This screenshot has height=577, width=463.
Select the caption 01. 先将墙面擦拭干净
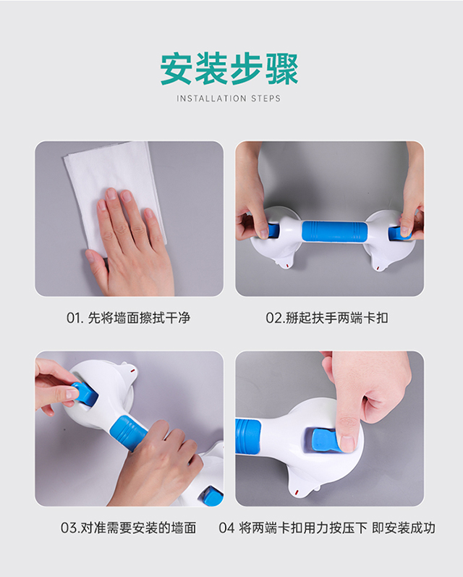pyautogui.click(x=129, y=317)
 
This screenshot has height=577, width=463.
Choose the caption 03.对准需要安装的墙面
pyautogui.click(x=128, y=528)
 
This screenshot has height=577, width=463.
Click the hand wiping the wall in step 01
pyautogui.click(x=130, y=239)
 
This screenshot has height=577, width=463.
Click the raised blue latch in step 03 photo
pyautogui.click(x=83, y=394)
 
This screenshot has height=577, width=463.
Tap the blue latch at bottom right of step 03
pyautogui.click(x=212, y=496)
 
